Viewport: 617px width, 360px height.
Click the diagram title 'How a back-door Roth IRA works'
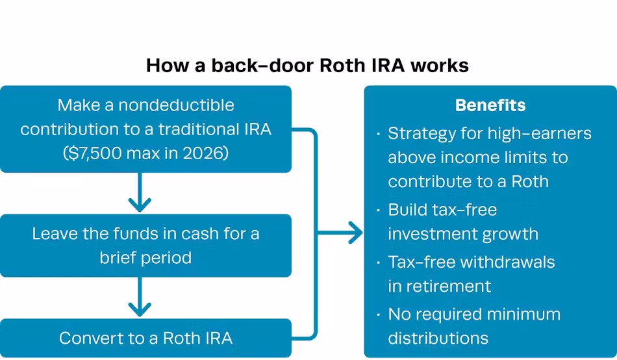(307, 65)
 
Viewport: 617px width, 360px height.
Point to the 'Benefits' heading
(490, 105)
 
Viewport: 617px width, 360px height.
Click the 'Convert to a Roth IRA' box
(145, 338)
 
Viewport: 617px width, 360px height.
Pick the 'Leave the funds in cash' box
(145, 245)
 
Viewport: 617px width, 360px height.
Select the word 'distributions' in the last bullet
(438, 338)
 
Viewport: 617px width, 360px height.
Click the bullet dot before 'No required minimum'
(379, 315)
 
